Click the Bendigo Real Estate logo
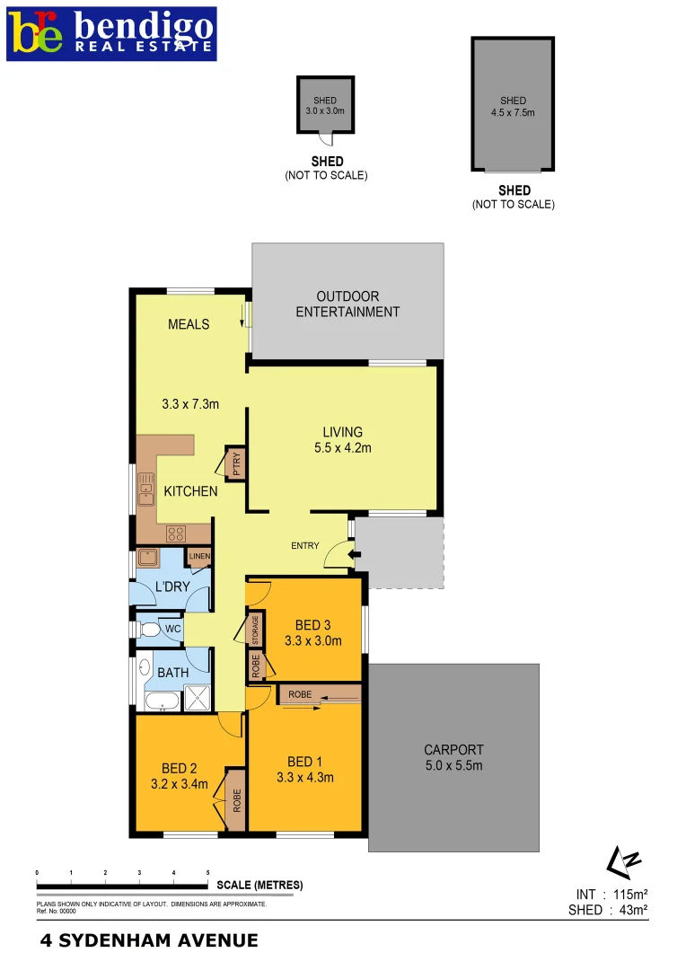tap(111, 33)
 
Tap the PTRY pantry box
tap(236, 463)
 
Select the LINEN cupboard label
tap(199, 557)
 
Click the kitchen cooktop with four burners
tap(176, 533)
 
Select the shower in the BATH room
tap(196, 698)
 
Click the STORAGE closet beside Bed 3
tap(256, 628)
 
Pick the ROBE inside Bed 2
tap(236, 799)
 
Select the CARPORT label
tap(453, 749)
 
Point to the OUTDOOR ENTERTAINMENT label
tap(347, 304)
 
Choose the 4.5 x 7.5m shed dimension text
tap(513, 113)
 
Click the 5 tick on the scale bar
tap(208, 873)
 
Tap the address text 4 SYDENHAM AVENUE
tap(149, 941)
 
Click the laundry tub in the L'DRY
tap(148, 558)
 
